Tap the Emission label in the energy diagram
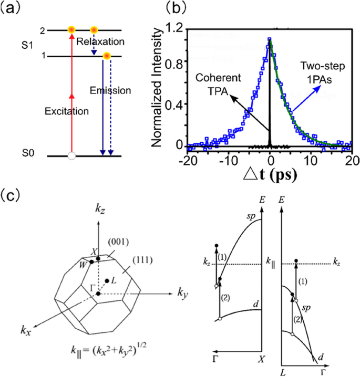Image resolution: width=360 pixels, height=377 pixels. [x=110, y=90]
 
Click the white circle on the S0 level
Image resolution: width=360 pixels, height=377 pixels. [x=72, y=155]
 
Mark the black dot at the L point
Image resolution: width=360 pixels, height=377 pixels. [x=107, y=281]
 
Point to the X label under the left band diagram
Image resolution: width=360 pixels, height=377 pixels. [x=261, y=360]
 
